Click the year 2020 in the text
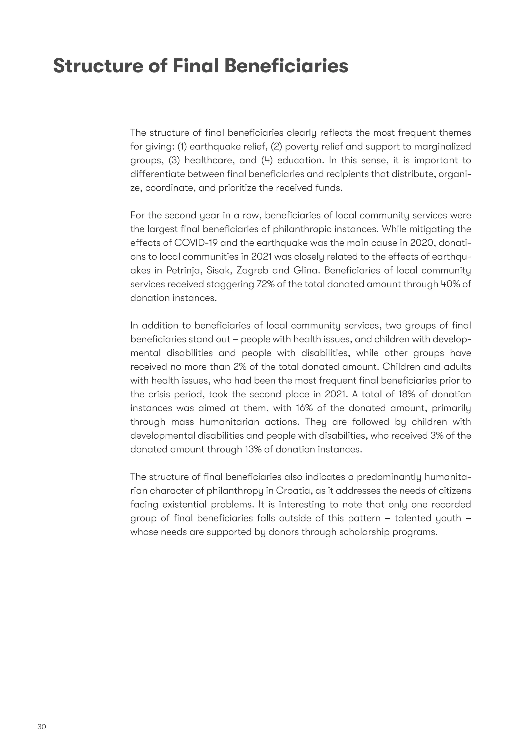click(419, 243)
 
